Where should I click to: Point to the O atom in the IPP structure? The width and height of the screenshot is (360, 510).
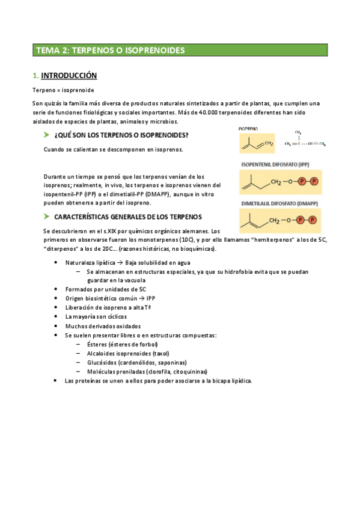tap(290, 182)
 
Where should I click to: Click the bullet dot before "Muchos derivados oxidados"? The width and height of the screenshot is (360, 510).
tap(55, 326)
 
